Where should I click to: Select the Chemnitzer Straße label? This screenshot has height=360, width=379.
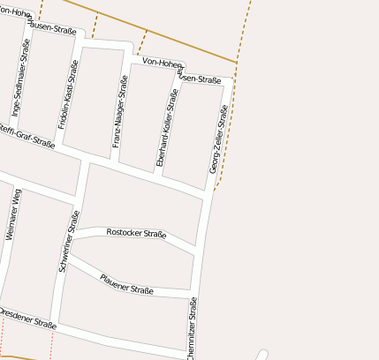point(192,326)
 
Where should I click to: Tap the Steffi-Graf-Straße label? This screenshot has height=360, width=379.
point(27,137)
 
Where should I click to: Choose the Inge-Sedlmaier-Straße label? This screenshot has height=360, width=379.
point(17,88)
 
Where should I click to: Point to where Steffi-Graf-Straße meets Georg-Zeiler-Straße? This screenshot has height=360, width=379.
point(209,193)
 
